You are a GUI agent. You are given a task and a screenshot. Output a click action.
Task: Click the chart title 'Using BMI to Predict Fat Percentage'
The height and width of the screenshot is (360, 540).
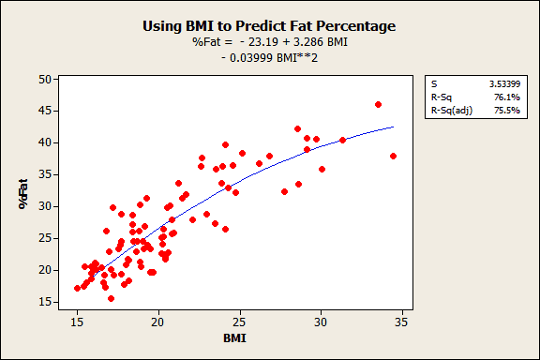point(269,25)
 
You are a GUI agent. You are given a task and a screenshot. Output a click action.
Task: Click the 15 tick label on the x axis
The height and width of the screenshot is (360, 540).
point(77,322)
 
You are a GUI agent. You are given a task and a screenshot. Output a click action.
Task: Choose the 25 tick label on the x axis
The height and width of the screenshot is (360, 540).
point(240,322)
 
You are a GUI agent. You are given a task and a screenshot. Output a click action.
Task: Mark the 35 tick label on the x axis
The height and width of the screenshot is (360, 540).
point(403,322)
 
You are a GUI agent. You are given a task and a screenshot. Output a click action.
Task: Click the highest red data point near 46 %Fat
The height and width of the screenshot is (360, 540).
point(378,104)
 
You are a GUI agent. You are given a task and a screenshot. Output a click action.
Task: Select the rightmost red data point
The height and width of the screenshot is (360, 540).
point(394,156)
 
